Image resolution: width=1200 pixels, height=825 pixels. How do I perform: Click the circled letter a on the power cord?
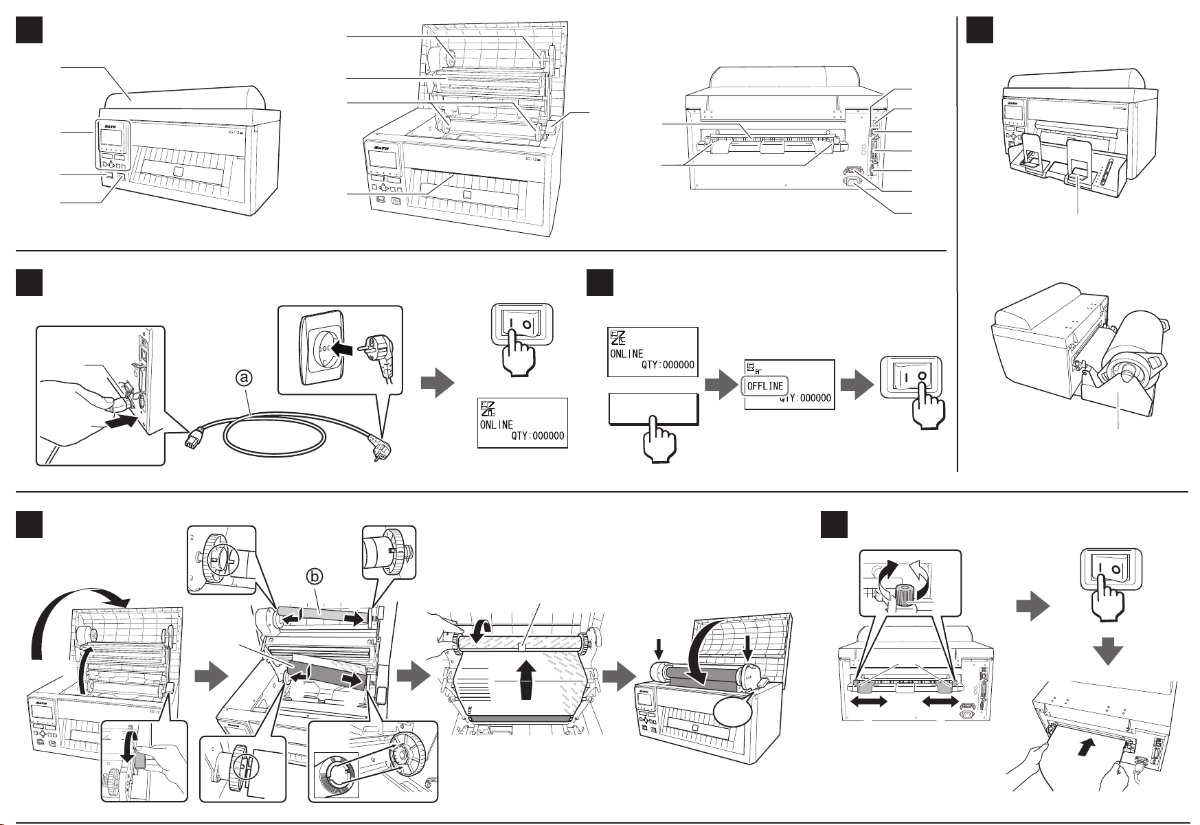click(x=245, y=377)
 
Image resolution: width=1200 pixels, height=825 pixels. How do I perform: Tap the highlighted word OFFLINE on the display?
click(x=765, y=386)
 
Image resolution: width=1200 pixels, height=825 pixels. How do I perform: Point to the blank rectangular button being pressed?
click(x=653, y=410)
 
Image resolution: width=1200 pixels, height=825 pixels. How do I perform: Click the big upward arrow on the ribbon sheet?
click(x=527, y=679)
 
